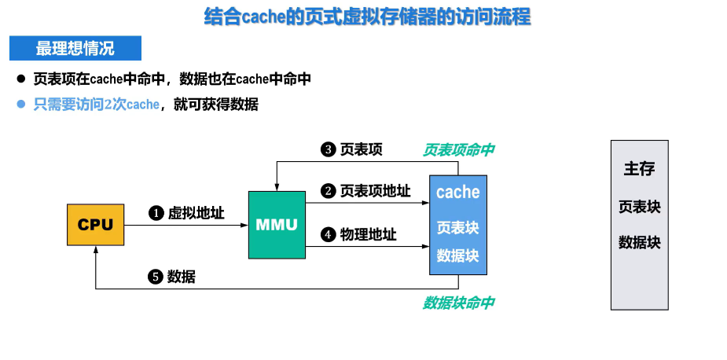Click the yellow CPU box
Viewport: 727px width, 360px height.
coord(95,225)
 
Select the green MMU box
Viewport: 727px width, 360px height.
coord(277,225)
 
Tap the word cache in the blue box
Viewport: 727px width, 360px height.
coord(457,192)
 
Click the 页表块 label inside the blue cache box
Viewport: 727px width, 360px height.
coord(457,228)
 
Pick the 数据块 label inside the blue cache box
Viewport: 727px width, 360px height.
coord(457,256)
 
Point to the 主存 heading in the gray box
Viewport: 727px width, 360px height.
coord(639,168)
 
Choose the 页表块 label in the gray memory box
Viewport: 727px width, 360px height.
coord(639,207)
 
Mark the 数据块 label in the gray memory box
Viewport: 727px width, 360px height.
coord(639,242)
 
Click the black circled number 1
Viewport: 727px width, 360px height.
coord(156,213)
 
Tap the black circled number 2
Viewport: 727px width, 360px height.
coord(328,191)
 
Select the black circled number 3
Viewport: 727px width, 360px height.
coord(328,149)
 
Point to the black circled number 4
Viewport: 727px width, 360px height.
coord(328,234)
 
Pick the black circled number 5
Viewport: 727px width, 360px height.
coord(156,277)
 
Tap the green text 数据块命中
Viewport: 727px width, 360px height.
coord(459,303)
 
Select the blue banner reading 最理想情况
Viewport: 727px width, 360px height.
coord(75,49)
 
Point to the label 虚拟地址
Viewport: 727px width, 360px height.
coord(196,213)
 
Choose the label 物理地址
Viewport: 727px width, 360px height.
coord(368,234)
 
